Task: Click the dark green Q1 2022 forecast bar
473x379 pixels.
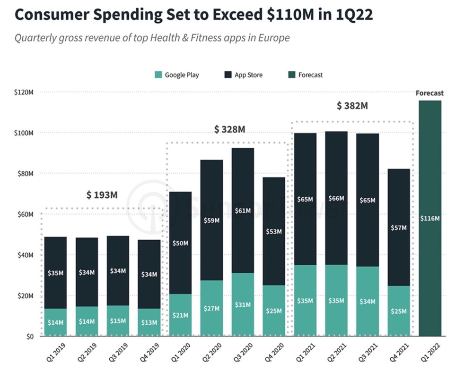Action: click(x=430, y=218)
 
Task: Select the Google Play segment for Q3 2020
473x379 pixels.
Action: click(x=243, y=304)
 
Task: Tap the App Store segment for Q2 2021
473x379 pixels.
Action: click(x=336, y=198)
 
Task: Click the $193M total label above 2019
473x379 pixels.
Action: click(x=102, y=195)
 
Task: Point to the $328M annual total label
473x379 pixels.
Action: click(x=230, y=129)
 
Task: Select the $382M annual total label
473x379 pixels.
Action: click(x=352, y=106)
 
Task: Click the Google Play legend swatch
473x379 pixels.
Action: click(x=158, y=75)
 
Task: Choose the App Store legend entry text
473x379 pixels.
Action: click(x=249, y=75)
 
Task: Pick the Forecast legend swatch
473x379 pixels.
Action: click(x=292, y=75)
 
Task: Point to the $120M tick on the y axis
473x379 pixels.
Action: click(x=24, y=92)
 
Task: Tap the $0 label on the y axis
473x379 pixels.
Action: click(x=29, y=337)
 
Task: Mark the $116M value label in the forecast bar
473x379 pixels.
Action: click(x=430, y=218)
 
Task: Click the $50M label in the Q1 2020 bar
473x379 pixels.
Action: click(x=180, y=243)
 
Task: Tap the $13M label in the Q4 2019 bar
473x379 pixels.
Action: click(x=149, y=322)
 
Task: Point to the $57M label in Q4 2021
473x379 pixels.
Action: click(x=399, y=227)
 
